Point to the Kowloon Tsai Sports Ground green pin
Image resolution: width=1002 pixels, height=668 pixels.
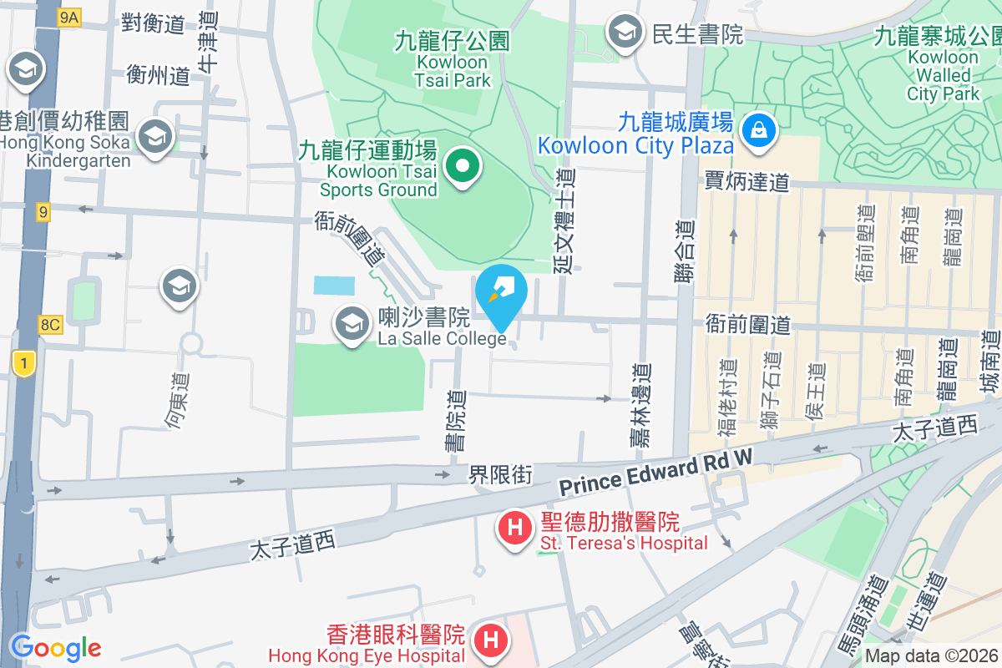click(x=460, y=166)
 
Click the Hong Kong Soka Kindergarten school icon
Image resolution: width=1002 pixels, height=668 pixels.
click(x=154, y=136)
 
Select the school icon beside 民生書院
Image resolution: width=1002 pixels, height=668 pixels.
click(x=624, y=33)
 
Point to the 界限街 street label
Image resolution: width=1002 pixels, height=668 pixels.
click(x=499, y=474)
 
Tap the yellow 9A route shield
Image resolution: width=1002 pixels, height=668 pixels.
click(x=68, y=18)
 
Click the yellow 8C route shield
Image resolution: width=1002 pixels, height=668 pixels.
click(x=50, y=324)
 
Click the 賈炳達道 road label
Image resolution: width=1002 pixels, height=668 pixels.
click(x=746, y=180)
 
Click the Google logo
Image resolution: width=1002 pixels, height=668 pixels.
click(x=55, y=647)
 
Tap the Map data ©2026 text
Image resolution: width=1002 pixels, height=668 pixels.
click(x=931, y=655)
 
